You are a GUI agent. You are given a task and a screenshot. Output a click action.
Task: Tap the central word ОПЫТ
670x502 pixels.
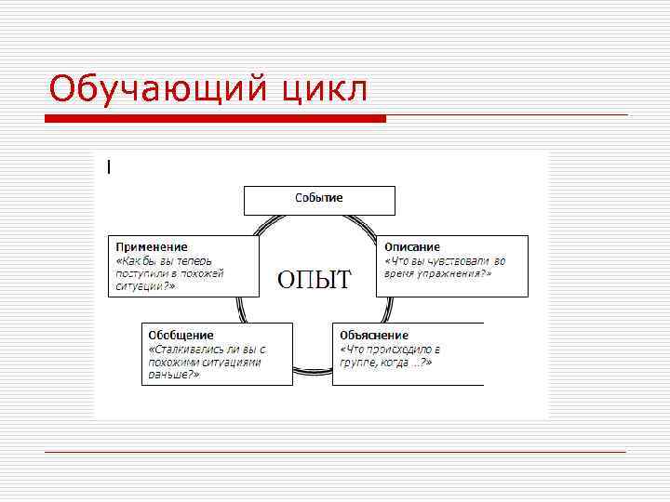[315, 279]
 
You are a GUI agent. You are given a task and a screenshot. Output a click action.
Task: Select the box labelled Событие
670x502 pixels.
[319, 199]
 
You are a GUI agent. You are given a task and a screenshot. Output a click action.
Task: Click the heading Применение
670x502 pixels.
[152, 247]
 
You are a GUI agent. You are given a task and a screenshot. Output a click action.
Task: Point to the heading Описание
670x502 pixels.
[412, 247]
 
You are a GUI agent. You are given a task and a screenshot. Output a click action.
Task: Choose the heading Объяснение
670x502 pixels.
[374, 335]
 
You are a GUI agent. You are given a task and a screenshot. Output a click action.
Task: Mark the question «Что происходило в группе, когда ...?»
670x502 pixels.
[390, 355]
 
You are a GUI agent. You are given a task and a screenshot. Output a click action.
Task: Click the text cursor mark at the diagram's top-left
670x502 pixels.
[109, 167]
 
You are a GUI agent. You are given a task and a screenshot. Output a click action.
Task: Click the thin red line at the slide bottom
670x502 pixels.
[335, 452]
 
